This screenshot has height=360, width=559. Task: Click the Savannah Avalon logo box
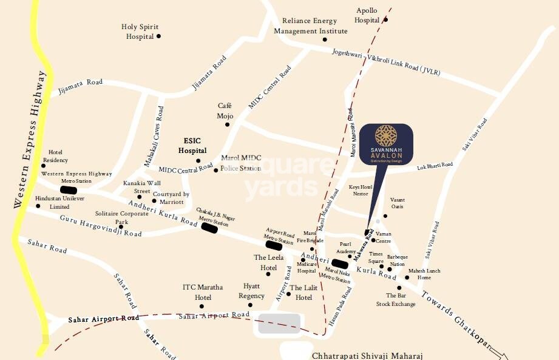tap(386, 146)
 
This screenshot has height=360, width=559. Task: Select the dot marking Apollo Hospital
tap(385, 19)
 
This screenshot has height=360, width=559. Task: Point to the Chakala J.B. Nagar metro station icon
tap(209, 228)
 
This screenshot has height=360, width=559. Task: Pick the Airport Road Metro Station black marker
tap(273, 245)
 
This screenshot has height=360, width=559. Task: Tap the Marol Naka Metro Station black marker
tap(339, 263)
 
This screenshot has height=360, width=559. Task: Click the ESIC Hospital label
tap(192, 146)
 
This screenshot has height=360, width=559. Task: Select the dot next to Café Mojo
tap(228, 124)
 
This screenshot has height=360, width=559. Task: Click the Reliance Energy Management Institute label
tap(311, 25)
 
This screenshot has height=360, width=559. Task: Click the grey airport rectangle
tap(279, 324)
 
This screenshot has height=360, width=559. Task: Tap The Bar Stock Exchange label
tap(396, 300)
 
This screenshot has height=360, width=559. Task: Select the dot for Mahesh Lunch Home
tap(407, 277)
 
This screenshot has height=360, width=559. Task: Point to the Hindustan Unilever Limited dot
tap(38, 206)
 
